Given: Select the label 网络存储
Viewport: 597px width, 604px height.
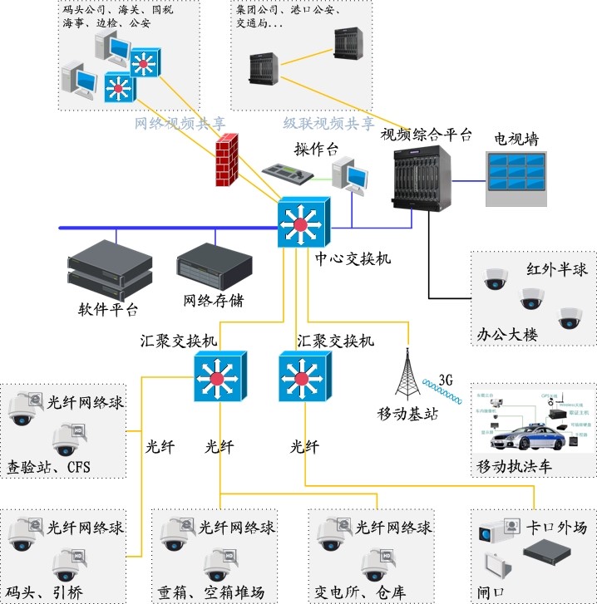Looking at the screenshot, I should [214, 301].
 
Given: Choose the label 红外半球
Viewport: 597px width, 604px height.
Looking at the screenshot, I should [556, 270].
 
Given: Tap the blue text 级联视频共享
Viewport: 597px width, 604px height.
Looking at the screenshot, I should [328, 124].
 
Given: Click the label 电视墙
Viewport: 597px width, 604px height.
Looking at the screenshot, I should [516, 139].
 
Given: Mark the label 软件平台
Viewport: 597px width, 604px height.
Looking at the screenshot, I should [108, 310].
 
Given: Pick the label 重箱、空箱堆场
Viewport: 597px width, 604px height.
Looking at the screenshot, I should [211, 592].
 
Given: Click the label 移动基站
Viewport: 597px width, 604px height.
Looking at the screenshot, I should [407, 415].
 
